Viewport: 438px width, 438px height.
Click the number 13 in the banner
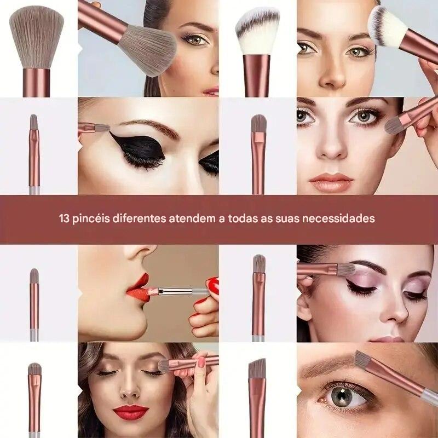(x=64, y=218)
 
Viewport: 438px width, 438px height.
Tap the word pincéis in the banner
(x=88, y=218)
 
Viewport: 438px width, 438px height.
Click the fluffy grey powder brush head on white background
(x=36, y=38)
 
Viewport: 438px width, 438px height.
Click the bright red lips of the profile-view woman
(x=137, y=288)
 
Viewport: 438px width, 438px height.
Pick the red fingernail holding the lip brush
(x=212, y=285)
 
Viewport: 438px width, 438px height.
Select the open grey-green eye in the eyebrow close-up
(x=343, y=396)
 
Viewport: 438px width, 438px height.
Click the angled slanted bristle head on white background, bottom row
(x=257, y=368)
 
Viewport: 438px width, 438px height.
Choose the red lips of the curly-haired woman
(x=131, y=412)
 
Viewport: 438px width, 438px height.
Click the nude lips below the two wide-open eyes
(x=331, y=182)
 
